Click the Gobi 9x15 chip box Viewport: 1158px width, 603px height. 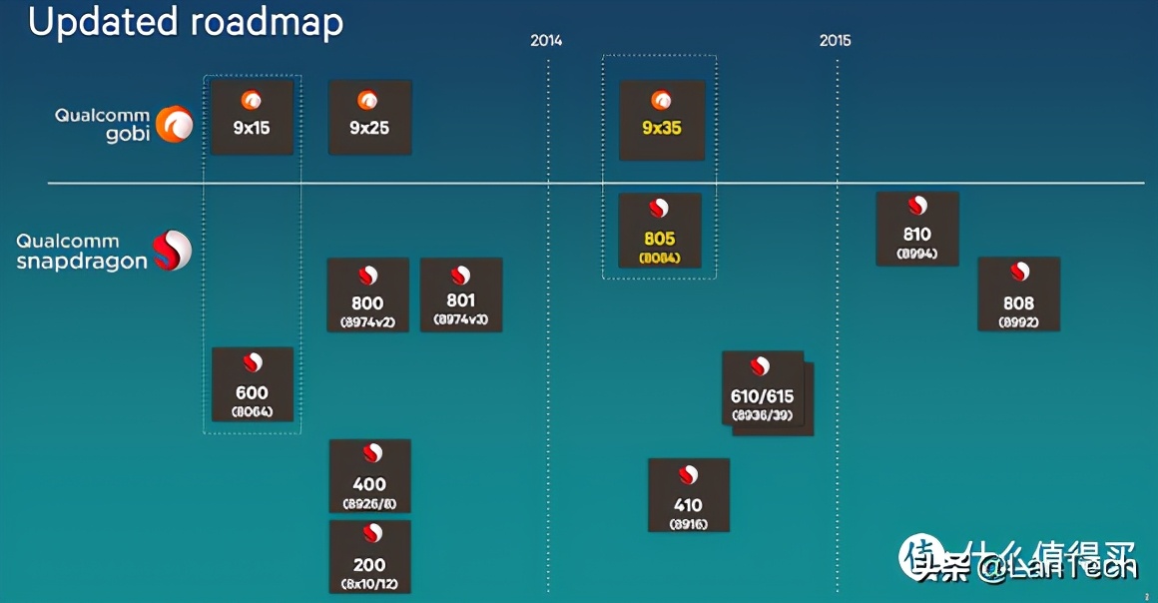tap(252, 117)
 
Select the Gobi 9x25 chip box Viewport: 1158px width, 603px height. tap(369, 117)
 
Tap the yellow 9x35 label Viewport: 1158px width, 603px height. tap(661, 129)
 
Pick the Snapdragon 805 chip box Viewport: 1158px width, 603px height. tap(659, 231)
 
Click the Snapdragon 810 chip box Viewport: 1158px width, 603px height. tap(916, 229)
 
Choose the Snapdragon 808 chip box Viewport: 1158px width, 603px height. tap(1018, 295)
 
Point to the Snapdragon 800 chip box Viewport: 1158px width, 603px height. tap(367, 295)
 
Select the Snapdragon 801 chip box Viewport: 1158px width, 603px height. tap(460, 295)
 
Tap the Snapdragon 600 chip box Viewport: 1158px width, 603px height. tap(252, 384)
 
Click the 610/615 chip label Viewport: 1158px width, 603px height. tap(762, 397)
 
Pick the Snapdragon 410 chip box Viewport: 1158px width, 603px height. tap(688, 495)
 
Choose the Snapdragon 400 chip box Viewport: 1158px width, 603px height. tap(369, 476)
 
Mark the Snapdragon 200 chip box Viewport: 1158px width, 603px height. tap(369, 556)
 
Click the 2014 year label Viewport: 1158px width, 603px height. tap(546, 41)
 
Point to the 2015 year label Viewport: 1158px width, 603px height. tap(836, 41)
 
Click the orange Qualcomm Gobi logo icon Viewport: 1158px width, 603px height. tap(178, 124)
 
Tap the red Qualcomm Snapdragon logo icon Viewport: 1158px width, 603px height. tap(171, 251)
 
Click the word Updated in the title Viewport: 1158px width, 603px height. tap(103, 22)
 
